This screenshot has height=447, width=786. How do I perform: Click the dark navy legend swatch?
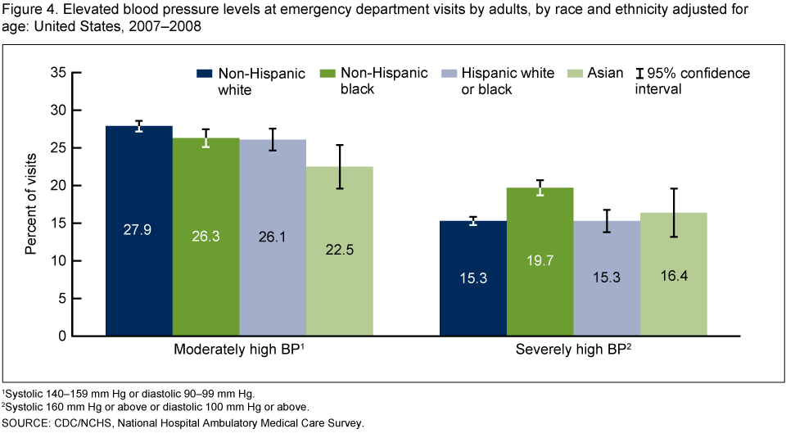[x=205, y=74]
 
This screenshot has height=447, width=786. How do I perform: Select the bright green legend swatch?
[x=327, y=74]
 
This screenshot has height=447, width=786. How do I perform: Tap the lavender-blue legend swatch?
[x=449, y=74]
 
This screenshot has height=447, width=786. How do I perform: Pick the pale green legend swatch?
[x=575, y=74]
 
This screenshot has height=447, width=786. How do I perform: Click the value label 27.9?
[x=138, y=230]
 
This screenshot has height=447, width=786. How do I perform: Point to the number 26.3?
[x=206, y=237]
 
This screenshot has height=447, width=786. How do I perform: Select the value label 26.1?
[x=272, y=237]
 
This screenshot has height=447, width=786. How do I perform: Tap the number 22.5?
[x=339, y=251]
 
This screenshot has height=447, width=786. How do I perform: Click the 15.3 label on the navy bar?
[x=473, y=278]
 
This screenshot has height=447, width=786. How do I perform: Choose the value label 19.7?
[x=540, y=261]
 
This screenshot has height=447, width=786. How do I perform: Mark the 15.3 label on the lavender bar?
[x=606, y=278]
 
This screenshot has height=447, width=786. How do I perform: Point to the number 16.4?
[x=674, y=276]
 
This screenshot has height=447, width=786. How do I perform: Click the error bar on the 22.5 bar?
[x=340, y=177]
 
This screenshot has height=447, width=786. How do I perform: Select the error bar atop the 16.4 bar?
[x=674, y=213]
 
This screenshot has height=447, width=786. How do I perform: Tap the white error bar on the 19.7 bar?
[x=540, y=192]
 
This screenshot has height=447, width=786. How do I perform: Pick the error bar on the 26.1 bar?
[x=273, y=145]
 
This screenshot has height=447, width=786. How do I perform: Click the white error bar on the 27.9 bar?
[x=139, y=128]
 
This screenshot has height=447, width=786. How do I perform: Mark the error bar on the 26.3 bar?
[x=206, y=142]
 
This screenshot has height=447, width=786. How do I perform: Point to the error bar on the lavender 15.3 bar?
[x=607, y=226]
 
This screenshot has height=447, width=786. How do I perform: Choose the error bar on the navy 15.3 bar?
[x=473, y=222]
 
